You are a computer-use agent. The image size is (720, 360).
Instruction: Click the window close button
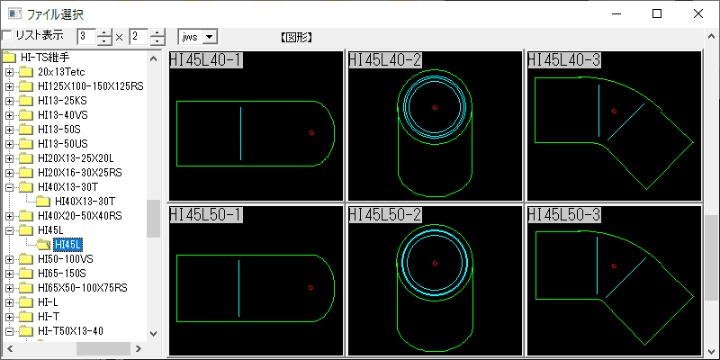point(698,13)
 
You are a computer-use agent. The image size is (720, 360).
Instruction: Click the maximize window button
point(657,13)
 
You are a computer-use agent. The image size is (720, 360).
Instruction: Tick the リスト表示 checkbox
point(7,35)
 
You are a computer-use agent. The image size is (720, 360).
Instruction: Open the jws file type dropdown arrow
point(210,37)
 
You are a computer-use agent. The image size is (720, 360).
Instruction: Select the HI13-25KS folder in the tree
point(62,101)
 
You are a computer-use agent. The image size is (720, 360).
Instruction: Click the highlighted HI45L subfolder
point(68,244)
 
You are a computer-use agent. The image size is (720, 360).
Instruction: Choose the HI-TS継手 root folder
point(45,58)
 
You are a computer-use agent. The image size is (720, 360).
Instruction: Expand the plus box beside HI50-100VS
point(9,259)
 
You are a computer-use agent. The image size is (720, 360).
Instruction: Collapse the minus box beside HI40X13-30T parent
point(9,187)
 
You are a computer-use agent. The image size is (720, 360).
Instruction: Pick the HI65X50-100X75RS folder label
point(83,288)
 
